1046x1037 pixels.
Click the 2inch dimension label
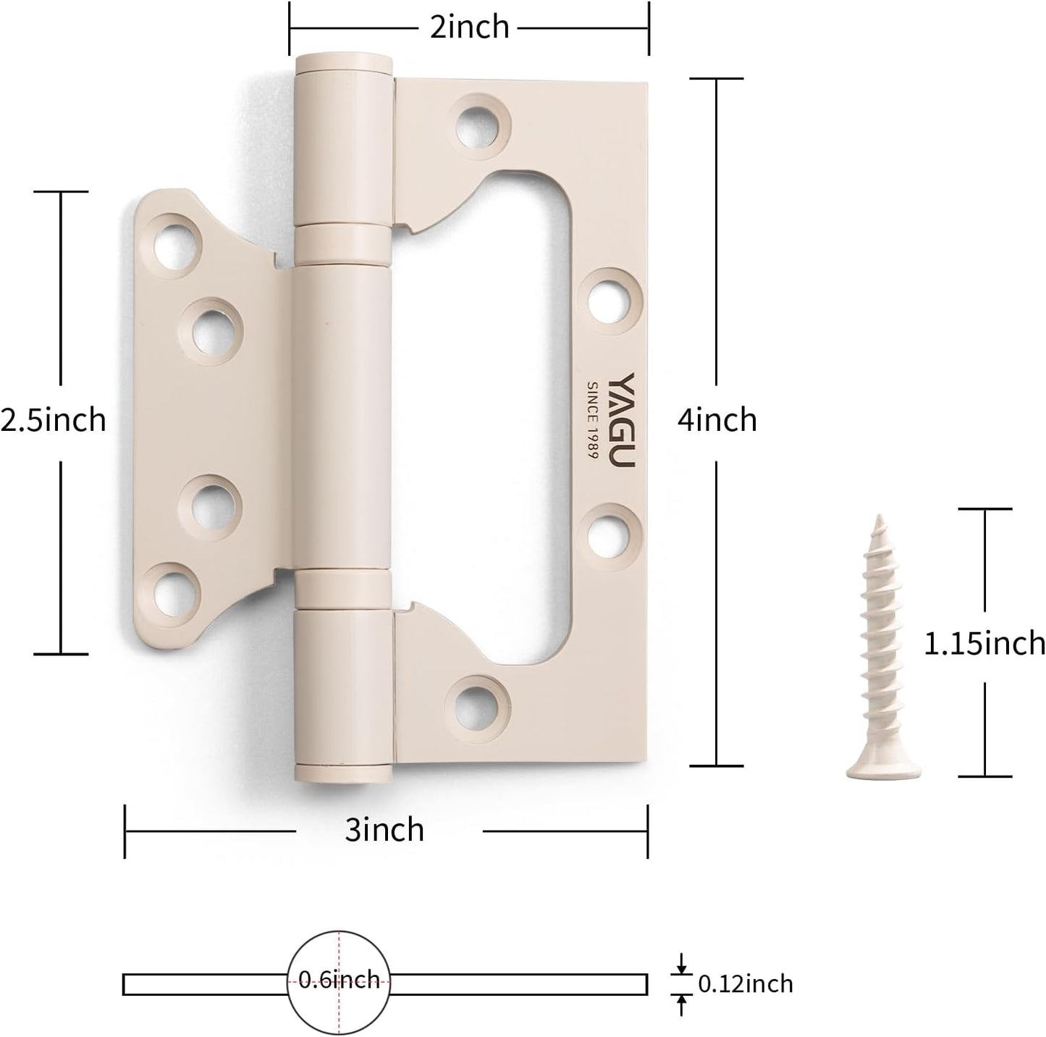(x=469, y=28)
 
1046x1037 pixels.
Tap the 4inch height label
(x=717, y=420)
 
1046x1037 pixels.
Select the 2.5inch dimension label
(x=53, y=420)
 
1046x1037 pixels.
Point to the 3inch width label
(x=384, y=829)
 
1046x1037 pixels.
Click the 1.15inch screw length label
(x=984, y=643)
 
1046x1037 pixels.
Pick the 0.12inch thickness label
(x=745, y=984)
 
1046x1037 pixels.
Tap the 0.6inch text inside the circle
(x=339, y=981)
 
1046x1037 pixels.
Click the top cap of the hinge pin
(x=344, y=63)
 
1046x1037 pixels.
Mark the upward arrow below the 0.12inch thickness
(x=680, y=1003)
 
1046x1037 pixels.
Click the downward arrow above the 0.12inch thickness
(x=680, y=963)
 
